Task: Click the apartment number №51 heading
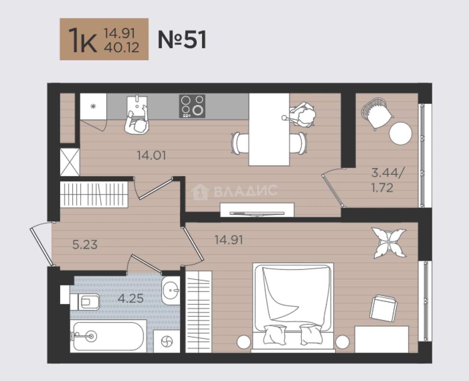point(182,40)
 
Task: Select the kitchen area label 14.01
point(151,155)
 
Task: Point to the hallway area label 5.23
point(85,245)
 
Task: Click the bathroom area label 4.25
point(131,299)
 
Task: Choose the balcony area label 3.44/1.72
point(387,180)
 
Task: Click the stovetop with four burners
point(192,106)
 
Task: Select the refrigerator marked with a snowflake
point(94,106)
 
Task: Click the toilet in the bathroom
point(85,302)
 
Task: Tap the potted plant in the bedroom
point(389,243)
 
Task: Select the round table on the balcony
point(401,133)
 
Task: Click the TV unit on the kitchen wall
point(257,210)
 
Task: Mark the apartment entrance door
point(42,244)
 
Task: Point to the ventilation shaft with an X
point(70,162)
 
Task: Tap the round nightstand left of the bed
point(244,342)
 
